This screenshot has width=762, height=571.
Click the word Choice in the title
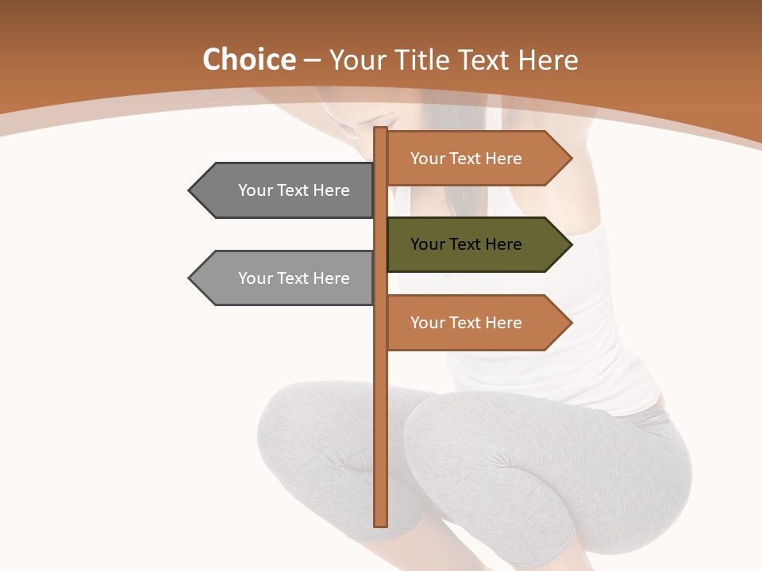pyautogui.click(x=248, y=59)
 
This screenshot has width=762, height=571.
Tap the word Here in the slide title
pyautogui.click(x=548, y=59)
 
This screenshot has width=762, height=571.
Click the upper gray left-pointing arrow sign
pyautogui.click(x=286, y=190)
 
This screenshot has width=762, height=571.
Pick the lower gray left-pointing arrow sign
pyautogui.click(x=286, y=278)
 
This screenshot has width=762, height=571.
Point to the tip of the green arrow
pyautogui.click(x=570, y=244)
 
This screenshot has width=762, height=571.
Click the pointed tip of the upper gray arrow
pyautogui.click(x=190, y=190)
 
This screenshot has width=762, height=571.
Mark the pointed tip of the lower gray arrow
pyautogui.click(x=190, y=278)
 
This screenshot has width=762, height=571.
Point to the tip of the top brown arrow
pyautogui.click(x=570, y=159)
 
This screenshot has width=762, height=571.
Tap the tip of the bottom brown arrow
pyautogui.click(x=570, y=323)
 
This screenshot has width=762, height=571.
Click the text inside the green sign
pyautogui.click(x=466, y=244)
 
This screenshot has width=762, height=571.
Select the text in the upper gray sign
pyautogui.click(x=294, y=190)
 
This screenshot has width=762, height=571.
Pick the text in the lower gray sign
pyautogui.click(x=294, y=278)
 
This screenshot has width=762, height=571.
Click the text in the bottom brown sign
pyautogui.click(x=466, y=323)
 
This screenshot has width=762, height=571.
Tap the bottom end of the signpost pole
pyautogui.click(x=381, y=523)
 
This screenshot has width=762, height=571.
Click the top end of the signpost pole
pyautogui.click(x=381, y=130)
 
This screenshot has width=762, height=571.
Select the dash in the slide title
pyautogui.click(x=312, y=60)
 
